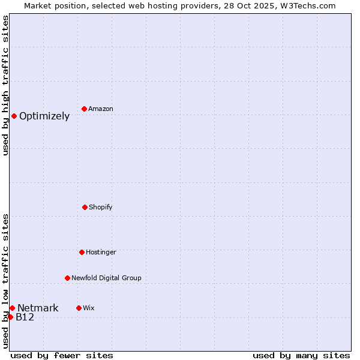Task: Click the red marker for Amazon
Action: [85, 109]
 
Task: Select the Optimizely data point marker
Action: [14, 116]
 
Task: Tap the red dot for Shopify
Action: [85, 207]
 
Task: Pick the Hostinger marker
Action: [82, 252]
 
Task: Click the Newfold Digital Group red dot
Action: [67, 278]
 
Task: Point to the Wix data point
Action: [79, 308]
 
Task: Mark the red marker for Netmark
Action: [12, 308]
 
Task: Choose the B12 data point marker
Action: [10, 317]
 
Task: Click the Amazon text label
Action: [101, 109]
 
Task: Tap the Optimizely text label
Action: [44, 116]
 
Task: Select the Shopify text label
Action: [101, 208]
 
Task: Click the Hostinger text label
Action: [101, 253]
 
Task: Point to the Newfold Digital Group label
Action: [106, 278]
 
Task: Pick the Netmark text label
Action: [38, 308]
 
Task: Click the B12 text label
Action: [25, 317]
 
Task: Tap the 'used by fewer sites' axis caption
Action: [62, 355]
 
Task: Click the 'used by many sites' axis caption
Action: [301, 355]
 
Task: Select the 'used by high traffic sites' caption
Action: [5, 85]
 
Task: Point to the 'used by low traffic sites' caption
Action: [5, 281]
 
